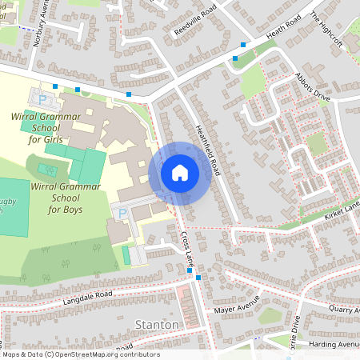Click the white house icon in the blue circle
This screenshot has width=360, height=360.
click(x=179, y=172)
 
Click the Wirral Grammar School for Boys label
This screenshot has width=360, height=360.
click(x=65, y=198)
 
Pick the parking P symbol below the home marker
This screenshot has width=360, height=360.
click(x=122, y=214)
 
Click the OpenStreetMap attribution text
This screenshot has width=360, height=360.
click(x=80, y=354)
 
